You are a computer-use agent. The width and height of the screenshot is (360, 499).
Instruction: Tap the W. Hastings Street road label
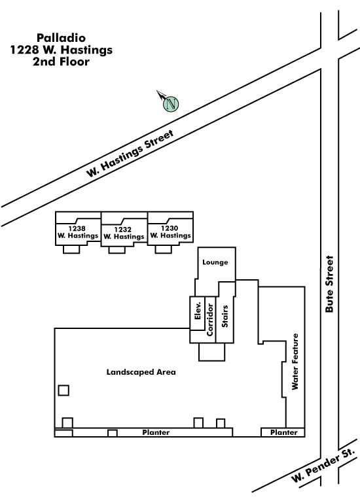pos(130,153)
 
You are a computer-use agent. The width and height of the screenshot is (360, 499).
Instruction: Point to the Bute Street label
pos(329,284)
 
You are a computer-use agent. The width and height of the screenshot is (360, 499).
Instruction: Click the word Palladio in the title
pos(61,38)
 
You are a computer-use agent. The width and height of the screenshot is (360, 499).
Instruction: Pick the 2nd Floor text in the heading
pos(61,61)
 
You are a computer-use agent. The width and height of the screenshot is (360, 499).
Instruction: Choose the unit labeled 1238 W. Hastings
pos(78,232)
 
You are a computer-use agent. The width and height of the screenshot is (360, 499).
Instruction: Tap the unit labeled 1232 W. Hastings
pos(124,233)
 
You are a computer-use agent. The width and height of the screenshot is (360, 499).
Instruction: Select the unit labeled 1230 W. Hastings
pos(170,232)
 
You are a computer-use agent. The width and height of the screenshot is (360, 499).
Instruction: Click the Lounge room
pos(215,262)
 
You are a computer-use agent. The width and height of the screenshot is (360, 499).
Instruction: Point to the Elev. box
pos(198,313)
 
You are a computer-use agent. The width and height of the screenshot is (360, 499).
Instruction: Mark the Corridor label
pos(210,320)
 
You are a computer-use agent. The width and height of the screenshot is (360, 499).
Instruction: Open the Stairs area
pos(225,317)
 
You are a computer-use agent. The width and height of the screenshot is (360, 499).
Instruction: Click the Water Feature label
pos(295,362)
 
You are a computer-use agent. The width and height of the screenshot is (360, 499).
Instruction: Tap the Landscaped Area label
pos(141,372)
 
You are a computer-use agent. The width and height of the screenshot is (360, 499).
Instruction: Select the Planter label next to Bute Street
pos(284,432)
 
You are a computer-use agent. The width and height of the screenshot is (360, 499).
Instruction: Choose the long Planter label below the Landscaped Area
pos(156,432)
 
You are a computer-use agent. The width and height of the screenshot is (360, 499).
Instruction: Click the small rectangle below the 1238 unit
pos(71,249)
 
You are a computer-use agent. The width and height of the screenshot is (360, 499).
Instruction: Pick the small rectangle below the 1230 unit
pos(164,249)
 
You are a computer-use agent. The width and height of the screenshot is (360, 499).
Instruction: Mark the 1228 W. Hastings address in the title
pos(61,50)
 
